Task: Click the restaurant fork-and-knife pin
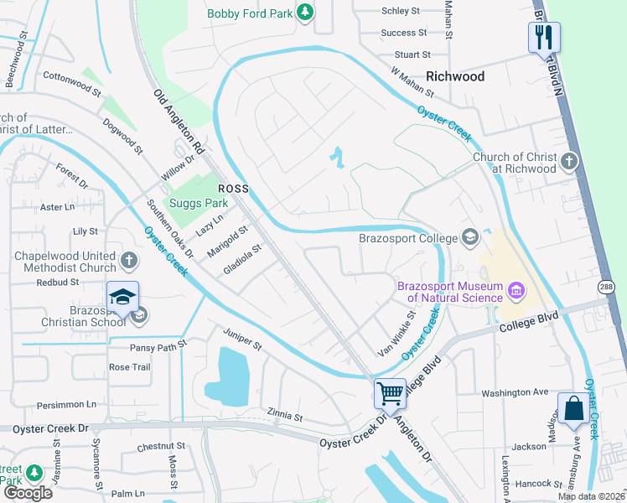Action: pos(543,37)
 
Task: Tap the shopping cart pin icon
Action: pos(390,392)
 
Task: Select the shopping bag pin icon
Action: pos(574,409)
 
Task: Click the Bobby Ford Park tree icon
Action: pos(306,12)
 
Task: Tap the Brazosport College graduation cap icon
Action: pos(469,237)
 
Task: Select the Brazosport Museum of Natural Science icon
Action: pos(516,291)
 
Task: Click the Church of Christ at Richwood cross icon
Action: pos(569,161)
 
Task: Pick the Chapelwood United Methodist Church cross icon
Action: pos(129,260)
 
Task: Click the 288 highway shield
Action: pos(608,287)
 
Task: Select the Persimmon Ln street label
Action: pos(68,404)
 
